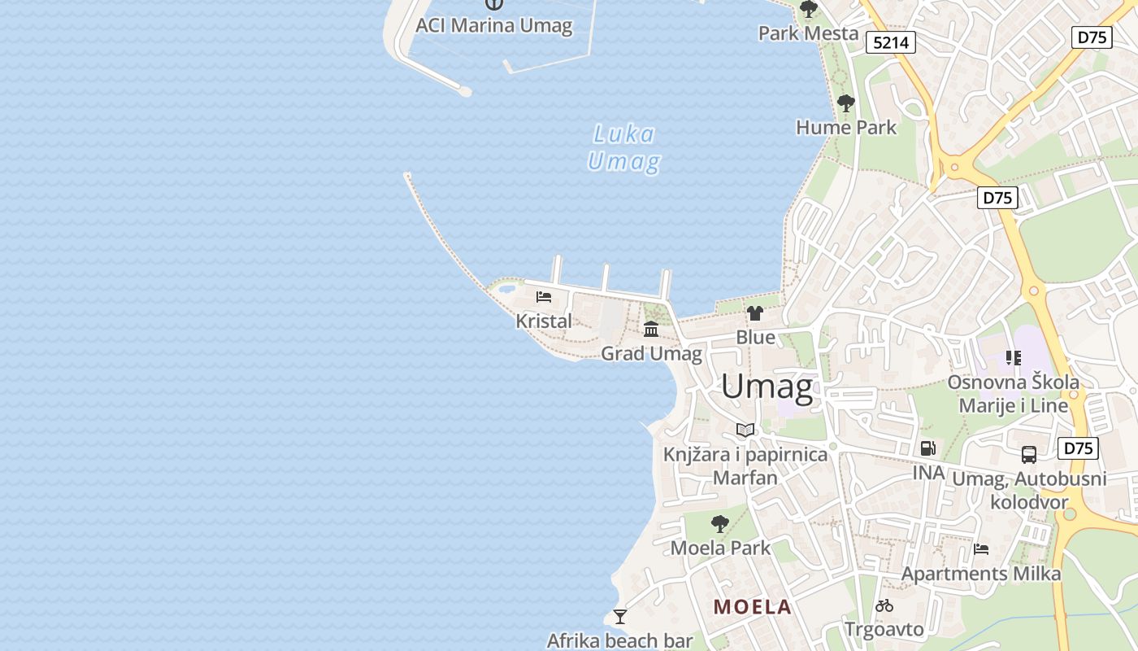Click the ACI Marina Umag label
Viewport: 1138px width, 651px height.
(x=494, y=25)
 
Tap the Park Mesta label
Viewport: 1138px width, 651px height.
(x=808, y=33)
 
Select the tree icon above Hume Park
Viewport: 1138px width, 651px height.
(x=845, y=103)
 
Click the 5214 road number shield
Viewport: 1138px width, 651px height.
(x=891, y=42)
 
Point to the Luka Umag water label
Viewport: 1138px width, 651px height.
(x=623, y=148)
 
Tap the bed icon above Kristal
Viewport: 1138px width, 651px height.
(x=544, y=297)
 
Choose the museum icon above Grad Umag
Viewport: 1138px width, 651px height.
(x=651, y=329)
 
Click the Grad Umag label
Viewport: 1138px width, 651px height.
(x=651, y=353)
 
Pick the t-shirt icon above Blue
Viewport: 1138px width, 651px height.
(x=755, y=313)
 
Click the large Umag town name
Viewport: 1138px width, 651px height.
(x=767, y=387)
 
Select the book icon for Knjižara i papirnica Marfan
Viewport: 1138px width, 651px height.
(x=745, y=430)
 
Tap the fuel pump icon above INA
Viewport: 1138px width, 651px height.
(x=927, y=448)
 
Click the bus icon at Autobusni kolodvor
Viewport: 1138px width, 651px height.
(x=1029, y=455)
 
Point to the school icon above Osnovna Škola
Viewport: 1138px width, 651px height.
(x=1013, y=357)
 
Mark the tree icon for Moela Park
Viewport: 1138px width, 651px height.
(x=719, y=523)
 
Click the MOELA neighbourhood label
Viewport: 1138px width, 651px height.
(x=752, y=606)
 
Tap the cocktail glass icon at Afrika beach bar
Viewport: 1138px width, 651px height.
(x=620, y=617)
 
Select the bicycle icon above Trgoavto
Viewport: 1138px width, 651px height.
(x=884, y=605)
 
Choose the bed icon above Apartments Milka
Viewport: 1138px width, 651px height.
(x=981, y=549)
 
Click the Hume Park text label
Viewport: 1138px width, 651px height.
(x=845, y=127)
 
